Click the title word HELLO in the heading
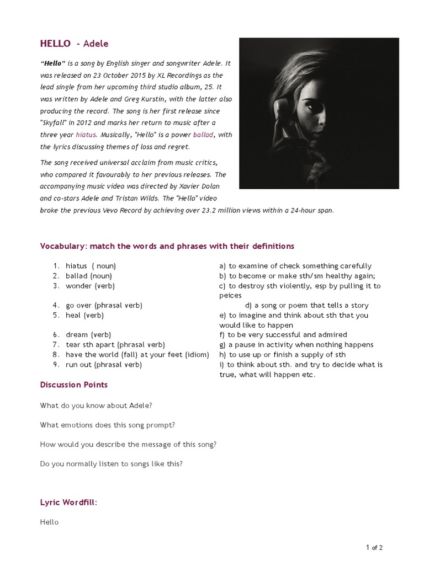tap(55, 44)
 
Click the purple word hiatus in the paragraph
tap(86, 134)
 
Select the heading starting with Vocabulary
tap(167, 246)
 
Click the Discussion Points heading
tap(74, 385)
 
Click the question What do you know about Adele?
tap(96, 406)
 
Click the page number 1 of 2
tap(374, 547)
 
